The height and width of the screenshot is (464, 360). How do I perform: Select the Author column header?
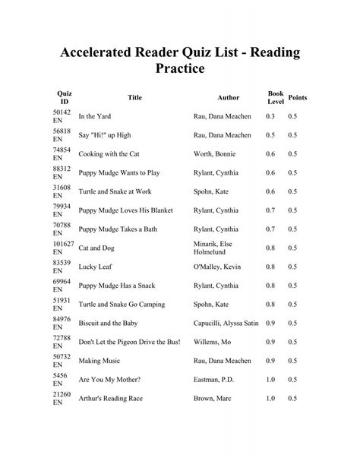[228, 97]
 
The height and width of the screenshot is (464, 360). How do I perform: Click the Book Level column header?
[275, 97]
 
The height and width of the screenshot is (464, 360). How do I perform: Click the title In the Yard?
[98, 115]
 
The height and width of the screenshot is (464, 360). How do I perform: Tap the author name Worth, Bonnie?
[215, 153]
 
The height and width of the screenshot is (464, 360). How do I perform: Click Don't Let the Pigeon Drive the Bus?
[129, 342]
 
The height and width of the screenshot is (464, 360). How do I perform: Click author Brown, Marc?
[213, 398]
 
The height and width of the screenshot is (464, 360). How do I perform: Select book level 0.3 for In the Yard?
[270, 115]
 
